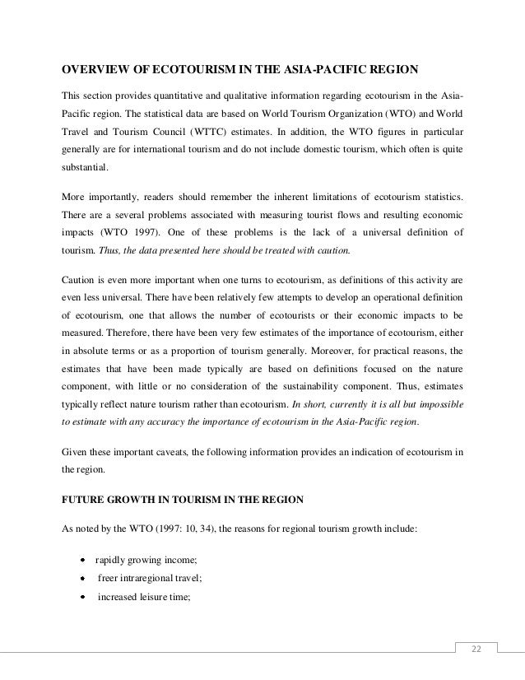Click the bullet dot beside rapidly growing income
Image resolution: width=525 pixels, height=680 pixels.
83,560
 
